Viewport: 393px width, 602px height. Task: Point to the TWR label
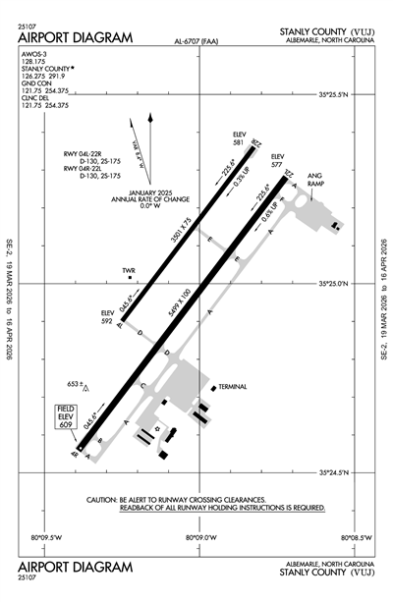(128, 271)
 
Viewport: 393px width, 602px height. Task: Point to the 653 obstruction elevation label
(72, 382)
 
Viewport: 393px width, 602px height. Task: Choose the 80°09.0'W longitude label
(203, 537)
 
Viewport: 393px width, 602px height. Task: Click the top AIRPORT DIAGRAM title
(75, 36)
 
